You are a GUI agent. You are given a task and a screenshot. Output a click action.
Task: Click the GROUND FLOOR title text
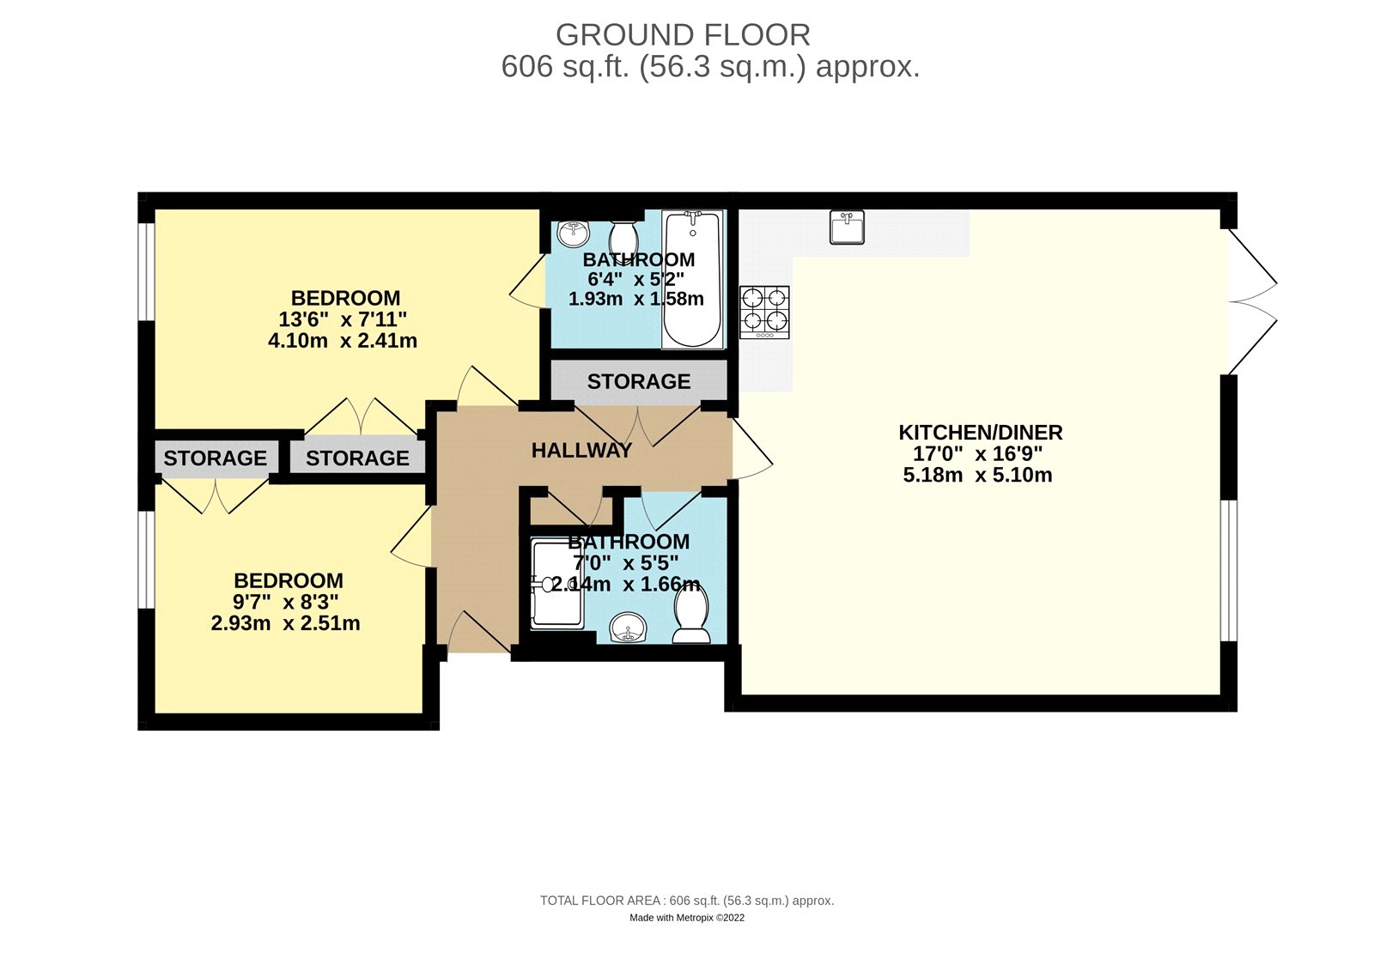click(x=683, y=35)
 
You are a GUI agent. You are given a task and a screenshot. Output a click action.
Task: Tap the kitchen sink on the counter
click(x=848, y=228)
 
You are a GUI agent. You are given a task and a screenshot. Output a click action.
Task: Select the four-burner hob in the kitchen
click(x=764, y=311)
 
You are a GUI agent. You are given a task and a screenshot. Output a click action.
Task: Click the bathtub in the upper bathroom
click(x=692, y=280)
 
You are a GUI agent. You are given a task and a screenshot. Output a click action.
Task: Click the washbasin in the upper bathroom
click(x=572, y=232)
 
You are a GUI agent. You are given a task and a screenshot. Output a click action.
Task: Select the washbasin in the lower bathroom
click(x=629, y=628)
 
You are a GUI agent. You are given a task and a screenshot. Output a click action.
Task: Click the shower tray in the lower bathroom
click(x=556, y=584)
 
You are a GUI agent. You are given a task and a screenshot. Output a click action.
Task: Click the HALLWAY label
click(x=581, y=451)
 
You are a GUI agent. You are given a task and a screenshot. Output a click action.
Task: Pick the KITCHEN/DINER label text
click(x=980, y=433)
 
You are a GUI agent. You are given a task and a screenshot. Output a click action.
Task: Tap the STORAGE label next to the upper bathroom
click(x=638, y=381)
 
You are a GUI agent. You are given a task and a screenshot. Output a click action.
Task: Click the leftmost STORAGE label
click(x=215, y=458)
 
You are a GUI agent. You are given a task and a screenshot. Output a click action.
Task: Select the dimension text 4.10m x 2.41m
click(x=343, y=341)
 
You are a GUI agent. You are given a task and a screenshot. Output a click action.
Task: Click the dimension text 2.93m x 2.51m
click(x=285, y=623)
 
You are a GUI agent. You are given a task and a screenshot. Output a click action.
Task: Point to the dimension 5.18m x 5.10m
click(x=977, y=476)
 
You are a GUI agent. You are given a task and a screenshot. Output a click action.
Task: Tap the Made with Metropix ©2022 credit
click(x=687, y=918)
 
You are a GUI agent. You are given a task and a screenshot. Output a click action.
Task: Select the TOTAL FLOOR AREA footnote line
click(x=687, y=901)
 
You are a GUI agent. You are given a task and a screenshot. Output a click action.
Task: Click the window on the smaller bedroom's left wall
click(x=147, y=559)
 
